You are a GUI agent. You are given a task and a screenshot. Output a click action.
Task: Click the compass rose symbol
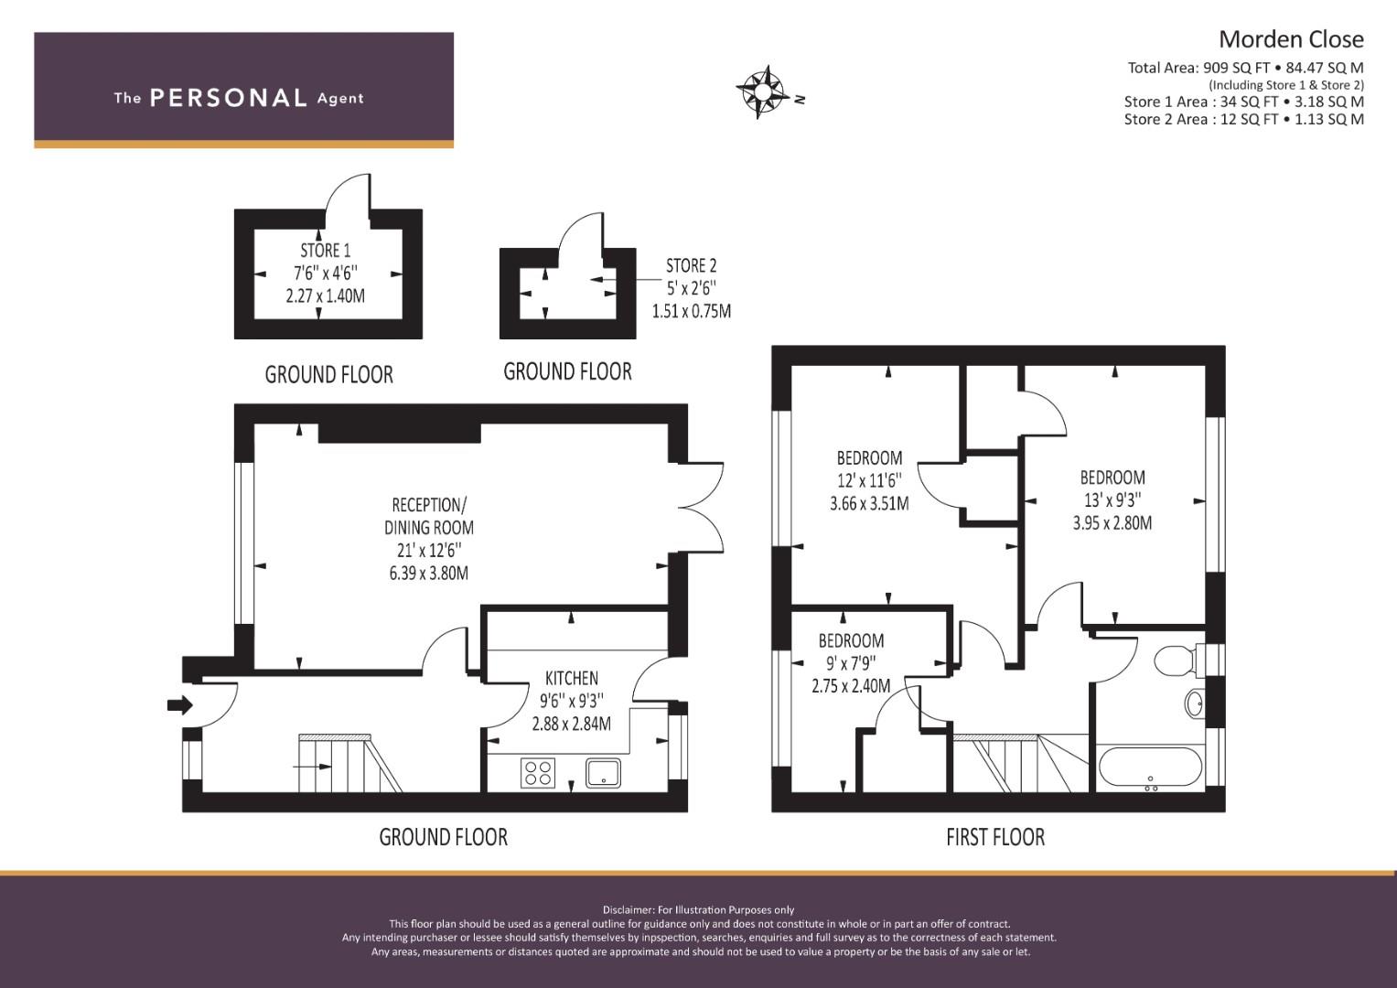point(761,91)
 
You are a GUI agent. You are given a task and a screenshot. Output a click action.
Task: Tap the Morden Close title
point(1290,39)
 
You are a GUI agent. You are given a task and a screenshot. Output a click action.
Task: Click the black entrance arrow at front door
point(180,705)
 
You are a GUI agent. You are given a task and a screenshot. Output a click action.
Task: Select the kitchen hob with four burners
point(537,773)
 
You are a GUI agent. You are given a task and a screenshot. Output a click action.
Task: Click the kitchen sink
point(603,773)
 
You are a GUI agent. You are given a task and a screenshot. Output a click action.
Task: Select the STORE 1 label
point(325,250)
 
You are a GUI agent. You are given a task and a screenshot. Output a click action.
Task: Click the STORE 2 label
point(691,265)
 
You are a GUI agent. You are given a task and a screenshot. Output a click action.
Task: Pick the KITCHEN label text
point(571,678)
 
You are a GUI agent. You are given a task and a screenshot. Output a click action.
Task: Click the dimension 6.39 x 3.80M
point(428,574)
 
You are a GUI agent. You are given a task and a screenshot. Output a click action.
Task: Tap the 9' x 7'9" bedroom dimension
point(851,664)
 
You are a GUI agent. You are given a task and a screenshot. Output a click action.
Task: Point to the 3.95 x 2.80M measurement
point(1112,523)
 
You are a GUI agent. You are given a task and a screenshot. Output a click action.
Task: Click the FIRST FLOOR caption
point(994,836)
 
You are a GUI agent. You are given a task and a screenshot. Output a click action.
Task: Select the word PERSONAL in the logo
point(228,98)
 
